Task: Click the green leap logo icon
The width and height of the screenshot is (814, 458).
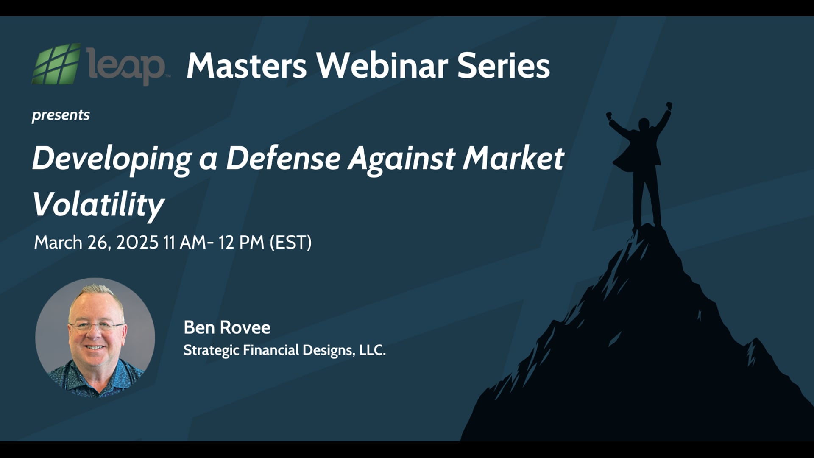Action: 56,64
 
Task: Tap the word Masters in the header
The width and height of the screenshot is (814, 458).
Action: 246,66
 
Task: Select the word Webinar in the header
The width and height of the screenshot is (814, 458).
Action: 382,66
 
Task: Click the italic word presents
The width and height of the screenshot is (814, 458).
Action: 61,115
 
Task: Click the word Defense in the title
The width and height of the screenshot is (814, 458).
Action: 283,158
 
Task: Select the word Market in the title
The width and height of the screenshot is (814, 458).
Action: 513,158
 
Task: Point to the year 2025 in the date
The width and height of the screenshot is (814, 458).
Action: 137,243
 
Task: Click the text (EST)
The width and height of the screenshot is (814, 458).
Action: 291,243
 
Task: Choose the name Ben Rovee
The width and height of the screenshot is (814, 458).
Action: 227,327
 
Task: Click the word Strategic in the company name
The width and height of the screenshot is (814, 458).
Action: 211,351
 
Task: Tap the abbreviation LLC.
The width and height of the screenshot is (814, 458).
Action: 372,350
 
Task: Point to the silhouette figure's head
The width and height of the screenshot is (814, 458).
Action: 644,124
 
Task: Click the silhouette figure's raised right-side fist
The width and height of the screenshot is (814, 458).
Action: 669,105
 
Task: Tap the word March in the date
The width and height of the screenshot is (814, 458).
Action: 58,243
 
